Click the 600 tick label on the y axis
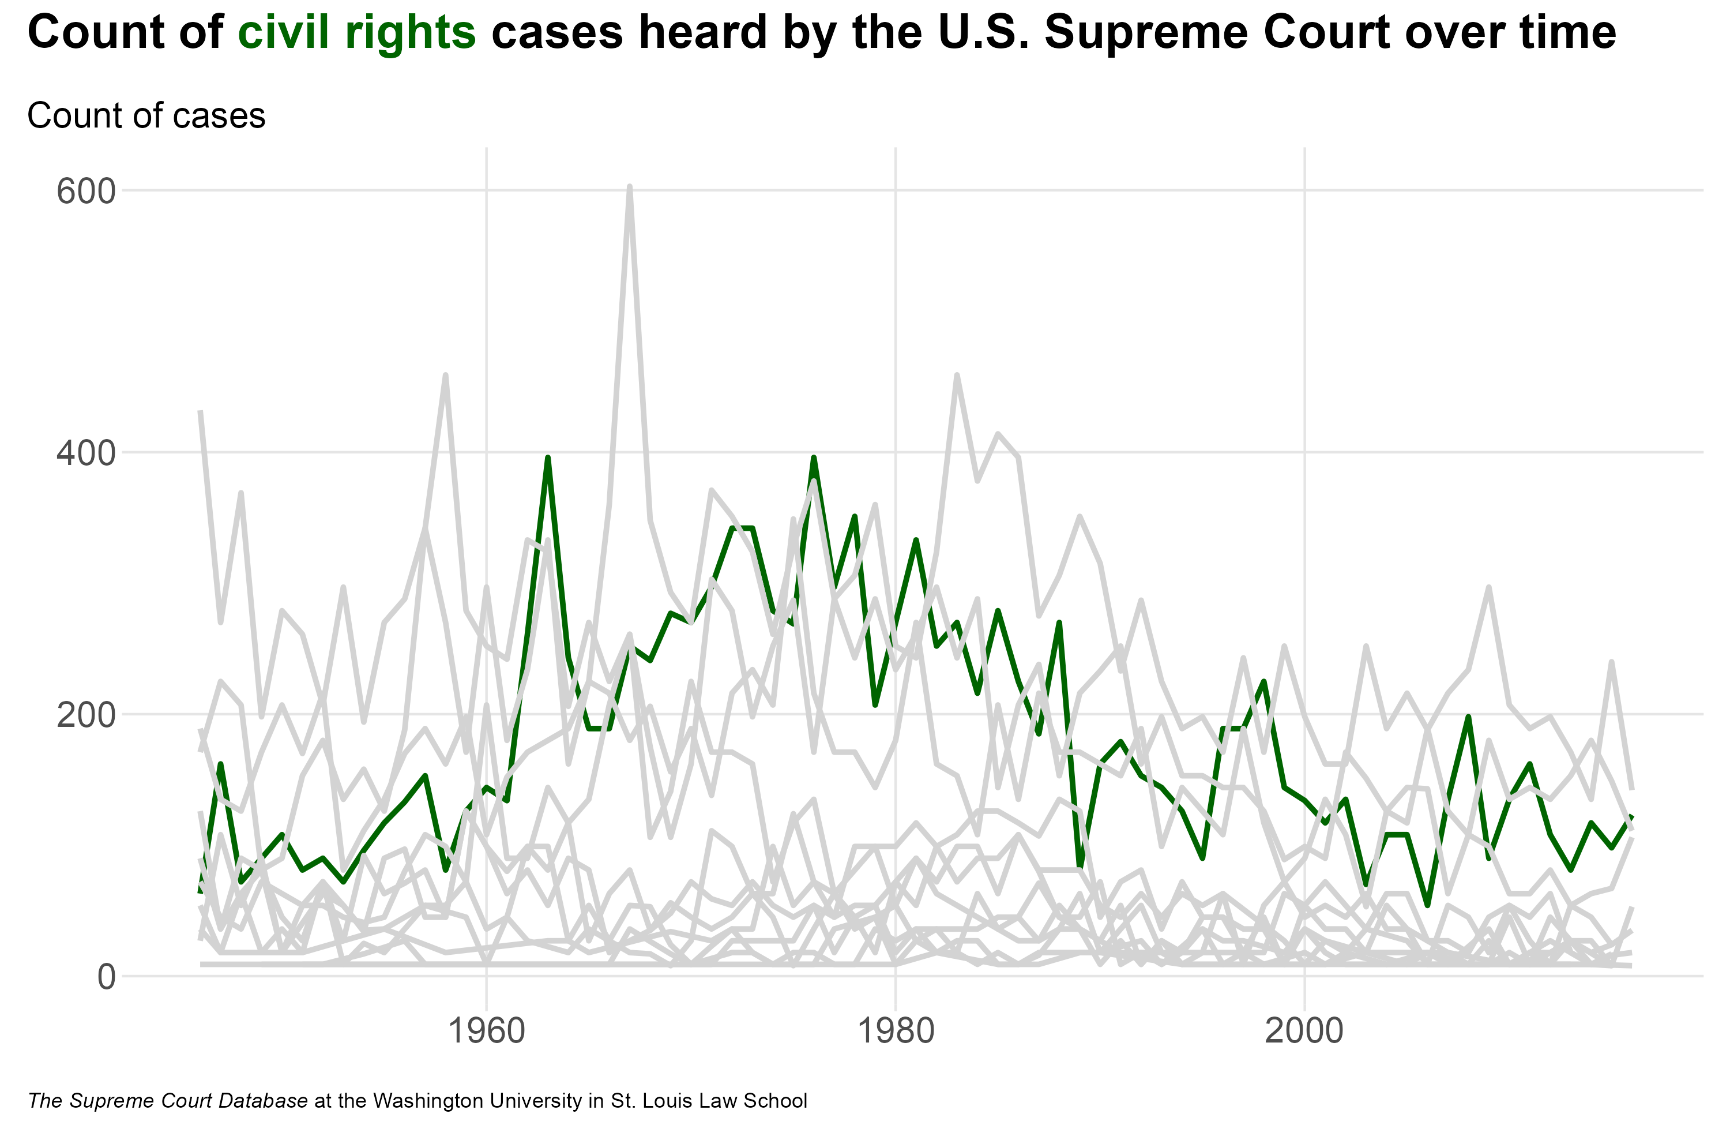click(x=86, y=192)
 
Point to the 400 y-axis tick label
click(x=86, y=454)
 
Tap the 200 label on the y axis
click(x=86, y=715)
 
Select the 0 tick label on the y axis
click(x=106, y=977)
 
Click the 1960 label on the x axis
click(x=486, y=1031)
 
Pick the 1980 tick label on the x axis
click(x=896, y=1031)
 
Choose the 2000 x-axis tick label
click(x=1305, y=1031)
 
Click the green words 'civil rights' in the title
click(x=356, y=33)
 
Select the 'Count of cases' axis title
click(x=146, y=115)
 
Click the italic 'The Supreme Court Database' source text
click(x=168, y=1100)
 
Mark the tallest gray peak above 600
click(x=630, y=187)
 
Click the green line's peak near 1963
click(x=547, y=458)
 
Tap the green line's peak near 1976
click(x=814, y=458)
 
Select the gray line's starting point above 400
click(x=201, y=412)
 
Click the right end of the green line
click(x=1632, y=817)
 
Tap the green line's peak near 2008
click(x=1468, y=718)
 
